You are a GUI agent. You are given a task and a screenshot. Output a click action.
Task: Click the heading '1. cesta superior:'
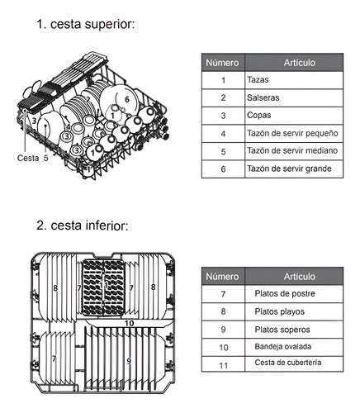(x=86, y=24)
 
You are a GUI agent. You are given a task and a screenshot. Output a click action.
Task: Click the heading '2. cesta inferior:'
(x=83, y=225)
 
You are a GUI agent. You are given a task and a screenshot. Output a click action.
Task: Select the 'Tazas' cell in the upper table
(x=294, y=80)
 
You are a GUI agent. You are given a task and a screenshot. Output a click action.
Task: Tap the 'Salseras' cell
(x=294, y=97)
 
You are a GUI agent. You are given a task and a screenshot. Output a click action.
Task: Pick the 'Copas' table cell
(x=294, y=116)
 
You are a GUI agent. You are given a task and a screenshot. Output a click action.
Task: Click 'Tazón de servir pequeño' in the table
(x=294, y=134)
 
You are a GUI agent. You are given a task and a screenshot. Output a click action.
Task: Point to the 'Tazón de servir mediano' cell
(x=294, y=151)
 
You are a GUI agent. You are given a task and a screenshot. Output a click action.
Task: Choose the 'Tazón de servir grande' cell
(x=294, y=169)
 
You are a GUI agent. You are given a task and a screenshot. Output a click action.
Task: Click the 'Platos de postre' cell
(x=294, y=294)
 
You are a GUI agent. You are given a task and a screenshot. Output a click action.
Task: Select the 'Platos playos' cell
(x=294, y=311)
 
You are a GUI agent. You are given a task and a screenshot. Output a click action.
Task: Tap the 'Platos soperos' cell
(x=294, y=330)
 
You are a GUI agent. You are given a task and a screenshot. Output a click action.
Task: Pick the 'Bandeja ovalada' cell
(x=294, y=347)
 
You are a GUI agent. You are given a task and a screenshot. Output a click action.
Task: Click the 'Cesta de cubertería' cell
(x=294, y=363)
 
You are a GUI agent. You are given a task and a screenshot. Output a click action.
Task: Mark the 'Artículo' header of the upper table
(x=294, y=63)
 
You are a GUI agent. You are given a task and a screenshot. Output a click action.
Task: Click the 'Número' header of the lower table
(x=223, y=276)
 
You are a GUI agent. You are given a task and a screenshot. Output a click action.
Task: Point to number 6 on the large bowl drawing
(x=127, y=99)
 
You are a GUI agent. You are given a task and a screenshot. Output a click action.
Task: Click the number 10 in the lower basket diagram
(x=129, y=323)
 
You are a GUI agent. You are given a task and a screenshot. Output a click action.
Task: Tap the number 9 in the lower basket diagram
(x=129, y=361)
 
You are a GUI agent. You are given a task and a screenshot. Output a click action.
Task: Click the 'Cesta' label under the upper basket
(x=28, y=158)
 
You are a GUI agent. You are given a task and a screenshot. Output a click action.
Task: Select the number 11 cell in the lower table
(x=223, y=365)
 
